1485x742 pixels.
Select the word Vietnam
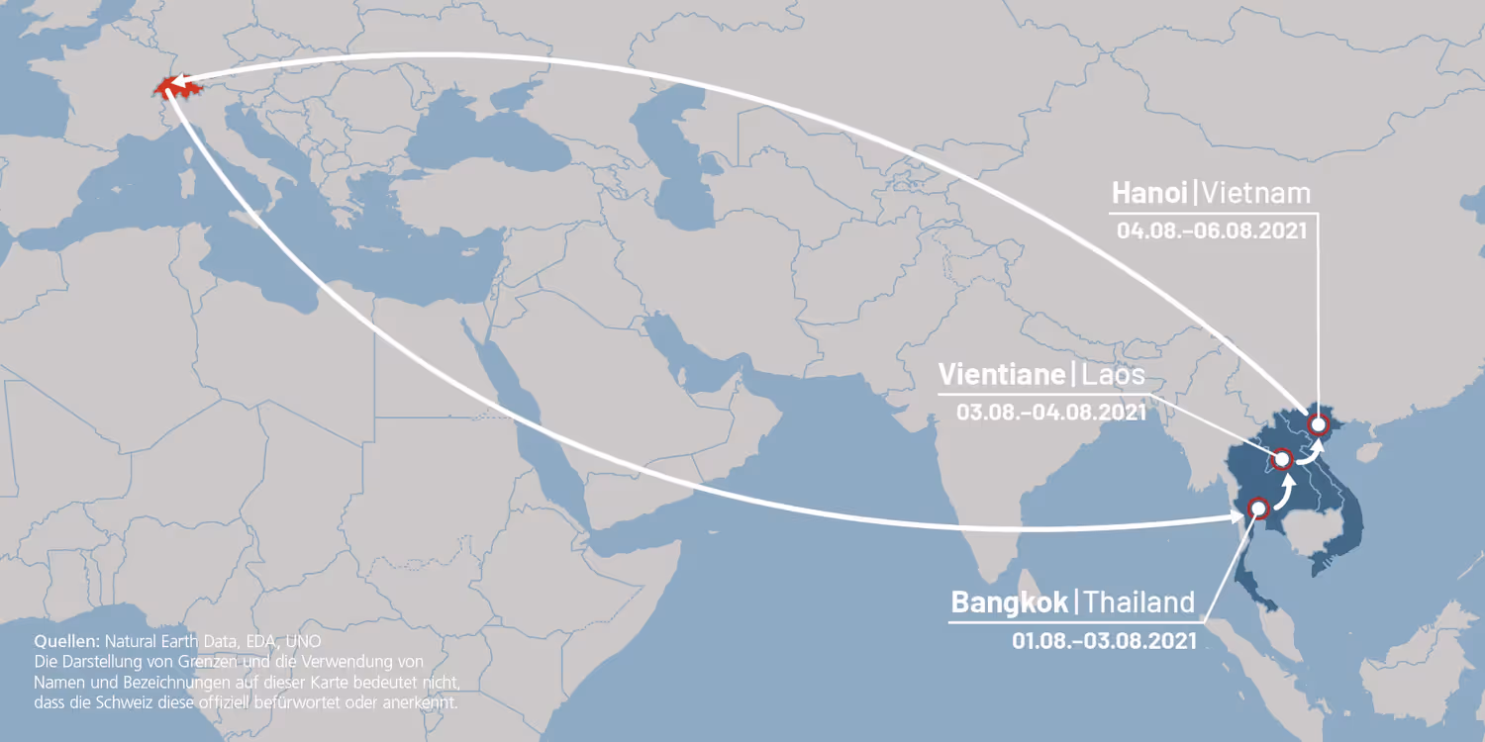pos(1258,191)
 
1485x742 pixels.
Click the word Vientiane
pos(1001,374)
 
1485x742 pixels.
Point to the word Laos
pos(1114,374)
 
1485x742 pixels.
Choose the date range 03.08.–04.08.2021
pos(1051,412)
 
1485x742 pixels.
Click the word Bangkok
pos(1010,602)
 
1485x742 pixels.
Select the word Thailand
pos(1139,602)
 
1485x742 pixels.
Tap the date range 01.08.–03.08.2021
pos(1104,640)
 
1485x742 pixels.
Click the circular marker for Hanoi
pos(1318,424)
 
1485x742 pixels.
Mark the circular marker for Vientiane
pos(1281,459)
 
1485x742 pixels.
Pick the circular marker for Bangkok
pos(1258,508)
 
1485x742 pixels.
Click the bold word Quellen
pos(67,640)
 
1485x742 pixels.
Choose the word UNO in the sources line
pos(302,640)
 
